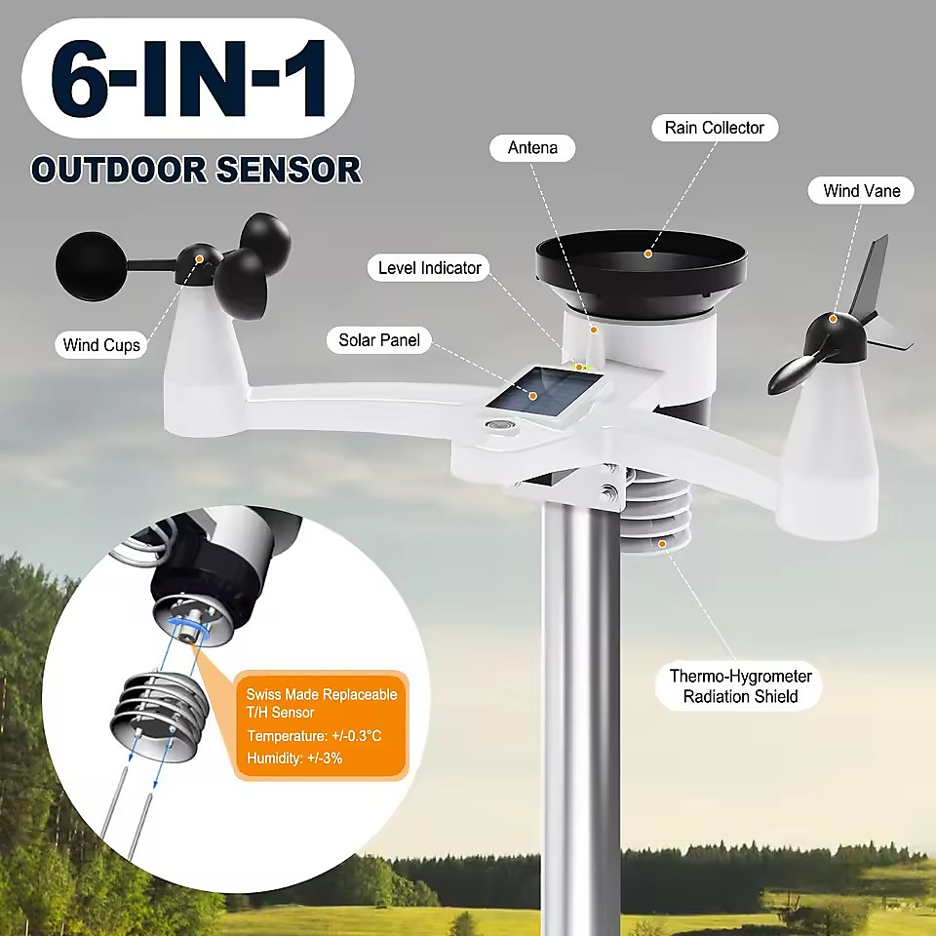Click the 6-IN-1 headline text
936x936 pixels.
pyautogui.click(x=188, y=79)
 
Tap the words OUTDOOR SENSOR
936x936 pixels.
pyautogui.click(x=196, y=170)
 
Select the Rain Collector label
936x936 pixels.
pyautogui.click(x=715, y=128)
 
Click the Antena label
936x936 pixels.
pyautogui.click(x=532, y=147)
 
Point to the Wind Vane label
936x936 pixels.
pyautogui.click(x=861, y=190)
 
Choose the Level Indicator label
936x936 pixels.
pyautogui.click(x=429, y=268)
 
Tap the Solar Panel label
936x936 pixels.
pyautogui.click(x=379, y=339)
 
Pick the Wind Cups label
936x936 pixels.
pyautogui.click(x=100, y=344)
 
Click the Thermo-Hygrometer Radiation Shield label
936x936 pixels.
pyautogui.click(x=740, y=685)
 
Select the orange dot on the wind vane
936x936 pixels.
pyautogui.click(x=832, y=320)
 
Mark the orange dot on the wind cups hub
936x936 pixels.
pyautogui.click(x=199, y=259)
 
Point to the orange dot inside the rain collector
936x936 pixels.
pyautogui.click(x=647, y=253)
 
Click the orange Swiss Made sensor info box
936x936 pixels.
pyautogui.click(x=321, y=725)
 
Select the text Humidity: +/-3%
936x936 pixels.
pyautogui.click(x=294, y=759)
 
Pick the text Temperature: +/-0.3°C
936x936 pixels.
pyautogui.click(x=314, y=735)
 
